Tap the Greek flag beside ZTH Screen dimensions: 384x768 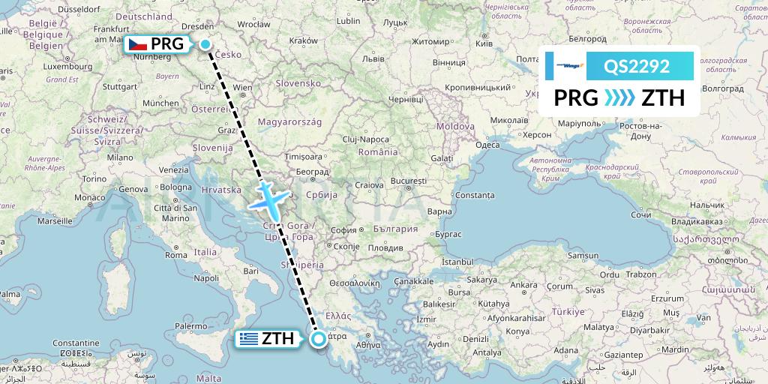pos(248,338)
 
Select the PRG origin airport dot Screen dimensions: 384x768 pos(205,43)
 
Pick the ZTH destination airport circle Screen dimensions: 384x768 pos(319,339)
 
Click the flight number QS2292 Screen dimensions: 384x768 pos(637,66)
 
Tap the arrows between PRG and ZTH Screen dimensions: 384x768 pos(619,98)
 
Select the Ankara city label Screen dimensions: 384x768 pos(523,284)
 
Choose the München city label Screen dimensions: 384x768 pos(160,103)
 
